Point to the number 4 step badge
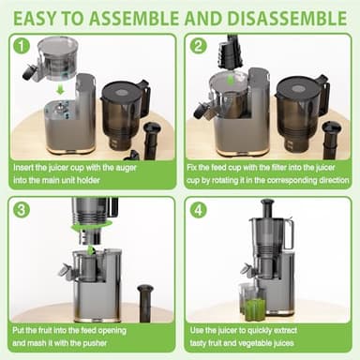click(198, 210)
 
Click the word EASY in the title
click(40, 16)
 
